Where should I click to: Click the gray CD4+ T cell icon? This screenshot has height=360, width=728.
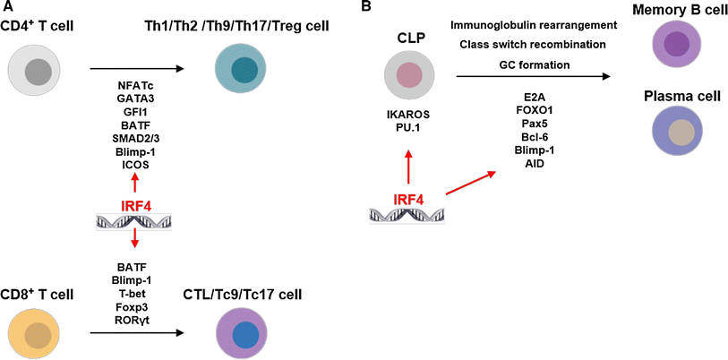[x=37, y=69]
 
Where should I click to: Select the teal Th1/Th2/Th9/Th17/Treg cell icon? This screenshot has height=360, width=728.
[x=240, y=69]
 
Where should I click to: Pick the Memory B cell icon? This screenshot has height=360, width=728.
[x=675, y=46]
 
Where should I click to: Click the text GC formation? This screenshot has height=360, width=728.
[x=535, y=64]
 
